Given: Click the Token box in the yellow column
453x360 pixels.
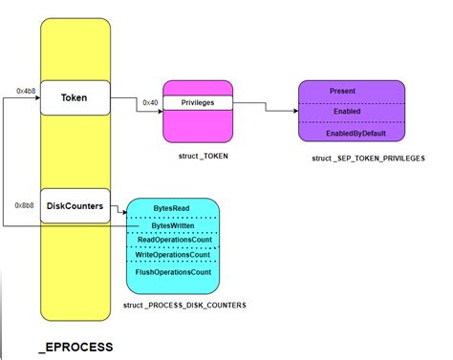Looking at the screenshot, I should pyautogui.click(x=74, y=97).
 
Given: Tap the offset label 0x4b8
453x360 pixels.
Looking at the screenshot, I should pyautogui.click(x=27, y=90).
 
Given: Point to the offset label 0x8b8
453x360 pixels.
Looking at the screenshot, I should pyautogui.click(x=26, y=204).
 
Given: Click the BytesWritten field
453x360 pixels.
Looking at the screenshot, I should pyautogui.click(x=173, y=225).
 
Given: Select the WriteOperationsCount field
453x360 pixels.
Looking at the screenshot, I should pyautogui.click(x=173, y=256).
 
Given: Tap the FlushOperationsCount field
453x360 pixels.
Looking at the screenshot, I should pyautogui.click(x=173, y=272).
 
